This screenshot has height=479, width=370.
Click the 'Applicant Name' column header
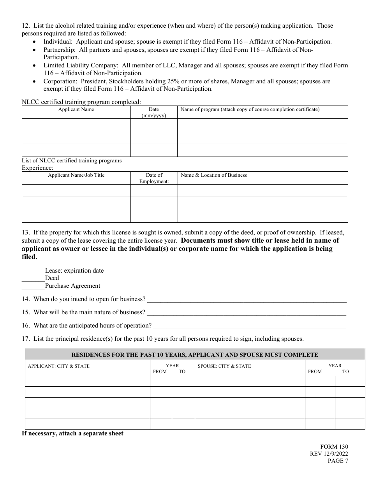tap(76, 109)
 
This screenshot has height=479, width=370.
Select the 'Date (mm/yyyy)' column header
tap(154, 113)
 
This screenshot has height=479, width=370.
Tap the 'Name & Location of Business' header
tap(214, 175)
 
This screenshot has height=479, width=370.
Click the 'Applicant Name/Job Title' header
tap(76, 175)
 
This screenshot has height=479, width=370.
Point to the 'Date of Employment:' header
tap(154, 178)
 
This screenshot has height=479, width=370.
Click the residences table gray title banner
tap(195, 355)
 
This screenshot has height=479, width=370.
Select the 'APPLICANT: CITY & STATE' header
tap(59, 366)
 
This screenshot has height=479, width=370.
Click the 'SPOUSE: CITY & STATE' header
tap(224, 366)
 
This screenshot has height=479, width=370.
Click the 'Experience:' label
tap(37, 168)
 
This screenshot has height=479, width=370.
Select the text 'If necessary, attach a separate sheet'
tap(72, 433)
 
